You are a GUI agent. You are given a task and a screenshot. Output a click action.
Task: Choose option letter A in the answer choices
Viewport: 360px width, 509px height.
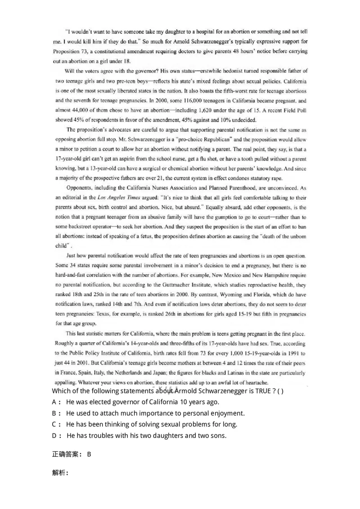(x=54, y=402)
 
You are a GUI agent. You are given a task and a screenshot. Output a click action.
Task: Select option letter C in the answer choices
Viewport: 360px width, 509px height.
(x=54, y=424)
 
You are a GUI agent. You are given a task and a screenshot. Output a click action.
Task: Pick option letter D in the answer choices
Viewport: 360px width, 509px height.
(x=54, y=435)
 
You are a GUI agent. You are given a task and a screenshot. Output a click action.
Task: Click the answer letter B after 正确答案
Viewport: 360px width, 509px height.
(x=89, y=454)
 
